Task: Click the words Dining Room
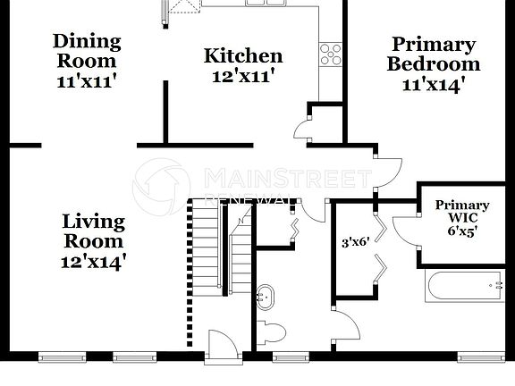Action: (x=86, y=51)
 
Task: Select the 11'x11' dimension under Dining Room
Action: (x=86, y=79)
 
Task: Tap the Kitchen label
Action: (x=243, y=56)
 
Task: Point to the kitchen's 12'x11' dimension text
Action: (x=243, y=76)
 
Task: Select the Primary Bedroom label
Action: (x=434, y=54)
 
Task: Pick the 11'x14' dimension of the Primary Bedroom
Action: (x=434, y=85)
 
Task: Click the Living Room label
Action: (x=93, y=231)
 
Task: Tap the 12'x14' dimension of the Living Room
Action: (x=93, y=261)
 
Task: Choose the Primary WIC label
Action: (x=462, y=211)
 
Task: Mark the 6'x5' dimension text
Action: (x=462, y=230)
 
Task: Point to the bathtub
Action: (x=465, y=288)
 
